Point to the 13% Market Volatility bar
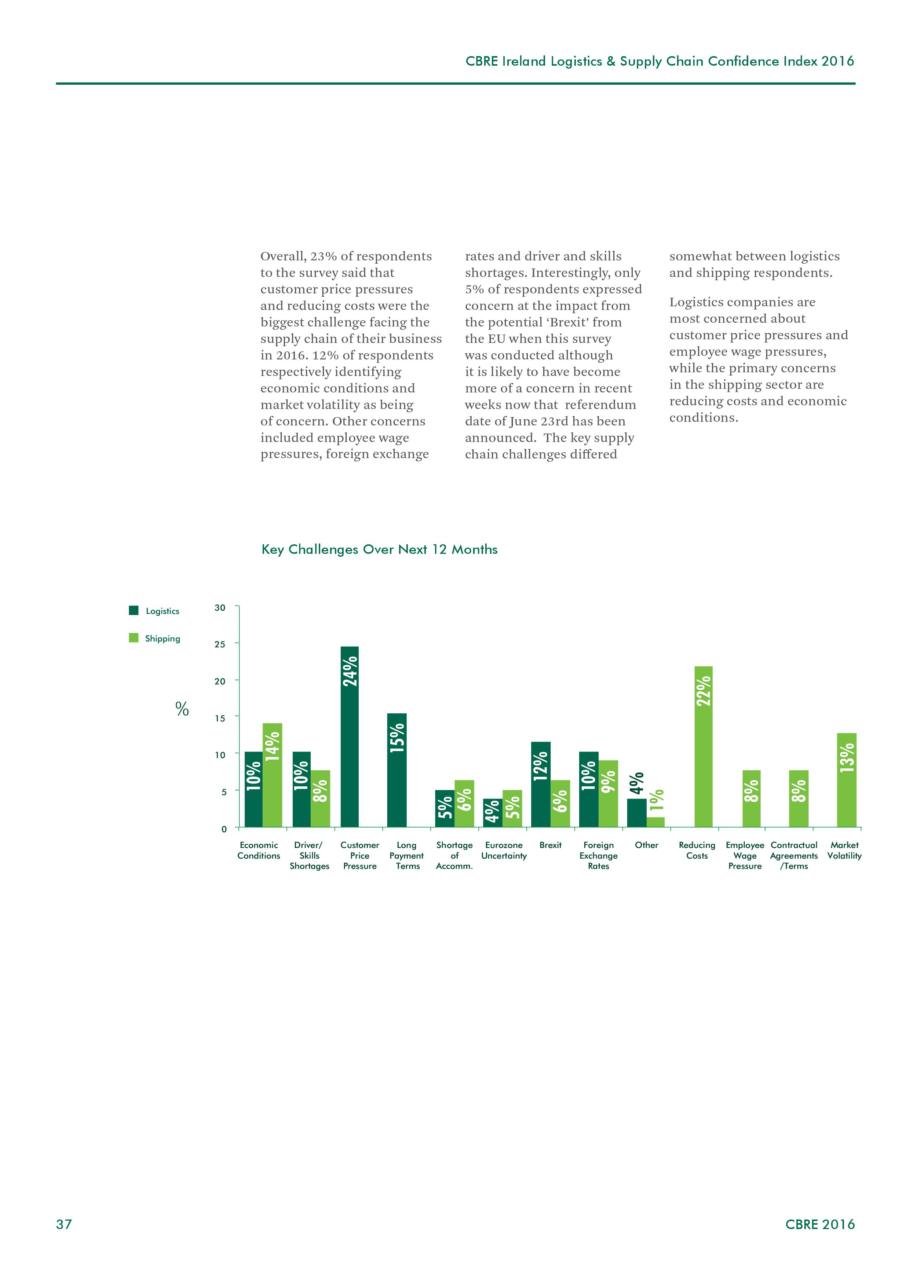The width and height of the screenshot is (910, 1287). [846, 780]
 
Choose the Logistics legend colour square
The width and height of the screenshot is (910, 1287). [134, 610]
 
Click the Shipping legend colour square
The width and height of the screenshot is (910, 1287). [134, 638]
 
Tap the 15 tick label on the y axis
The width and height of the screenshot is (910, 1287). [220, 718]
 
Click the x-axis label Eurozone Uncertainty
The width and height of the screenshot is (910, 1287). [504, 850]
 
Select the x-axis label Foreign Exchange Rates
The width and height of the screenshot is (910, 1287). [598, 855]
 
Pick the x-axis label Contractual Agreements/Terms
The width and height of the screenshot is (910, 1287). [794, 855]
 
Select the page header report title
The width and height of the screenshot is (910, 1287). [659, 61]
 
